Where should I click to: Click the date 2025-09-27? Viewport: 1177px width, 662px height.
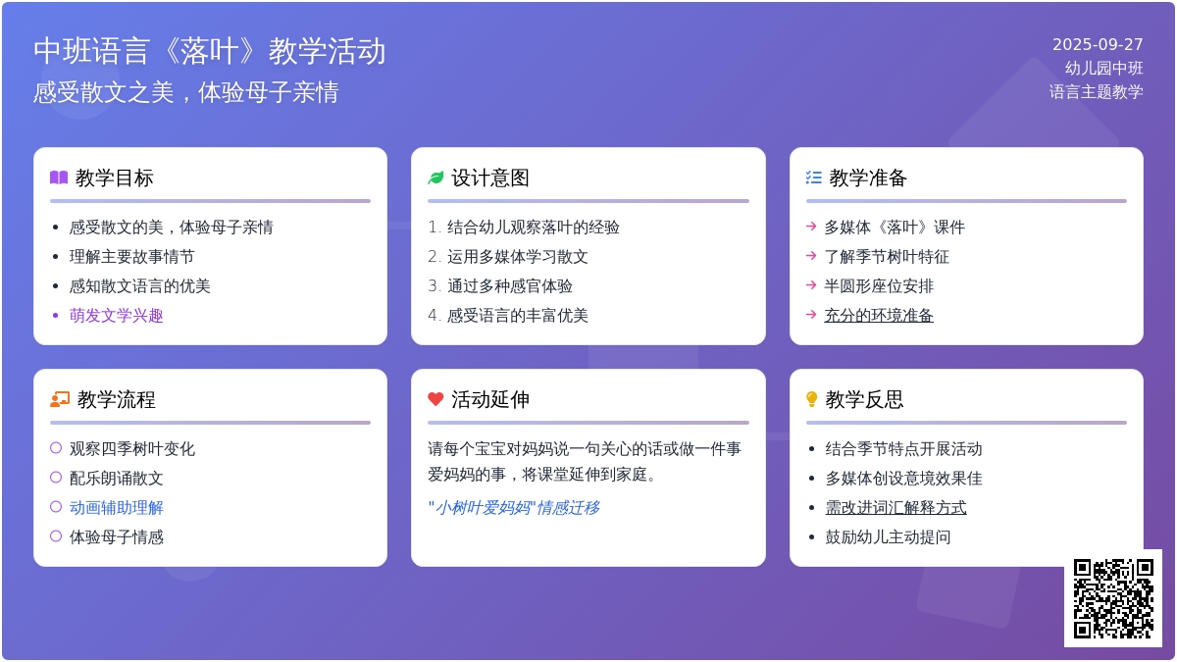(1098, 44)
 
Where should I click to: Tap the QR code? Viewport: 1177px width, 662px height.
(1113, 598)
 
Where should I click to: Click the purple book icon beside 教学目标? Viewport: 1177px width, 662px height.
(59, 178)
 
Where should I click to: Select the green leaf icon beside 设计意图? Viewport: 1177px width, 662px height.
(435, 178)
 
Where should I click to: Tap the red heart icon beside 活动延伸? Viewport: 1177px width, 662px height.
(435, 399)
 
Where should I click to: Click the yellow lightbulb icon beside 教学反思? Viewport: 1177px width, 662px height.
(811, 399)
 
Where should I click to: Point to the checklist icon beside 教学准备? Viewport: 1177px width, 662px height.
(813, 178)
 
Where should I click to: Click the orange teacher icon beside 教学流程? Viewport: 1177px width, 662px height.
(60, 399)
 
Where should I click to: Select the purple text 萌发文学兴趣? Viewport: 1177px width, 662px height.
(116, 315)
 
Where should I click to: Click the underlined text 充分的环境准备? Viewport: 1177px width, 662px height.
(879, 315)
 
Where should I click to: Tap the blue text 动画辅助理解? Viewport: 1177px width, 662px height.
(116, 508)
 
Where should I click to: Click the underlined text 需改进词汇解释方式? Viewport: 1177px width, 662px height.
(896, 508)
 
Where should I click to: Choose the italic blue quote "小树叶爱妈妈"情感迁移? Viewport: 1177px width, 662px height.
(513, 508)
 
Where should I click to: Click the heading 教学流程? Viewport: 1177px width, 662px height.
(116, 399)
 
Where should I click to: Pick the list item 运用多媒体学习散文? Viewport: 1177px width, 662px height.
(517, 256)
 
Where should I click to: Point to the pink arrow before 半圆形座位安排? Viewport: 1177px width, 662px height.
(811, 284)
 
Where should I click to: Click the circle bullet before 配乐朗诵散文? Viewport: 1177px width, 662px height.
(56, 477)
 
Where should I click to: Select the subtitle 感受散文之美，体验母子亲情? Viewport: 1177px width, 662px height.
(186, 92)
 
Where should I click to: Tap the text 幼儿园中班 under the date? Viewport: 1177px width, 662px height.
(1104, 68)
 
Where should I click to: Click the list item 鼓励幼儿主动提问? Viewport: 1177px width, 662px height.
(888, 537)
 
